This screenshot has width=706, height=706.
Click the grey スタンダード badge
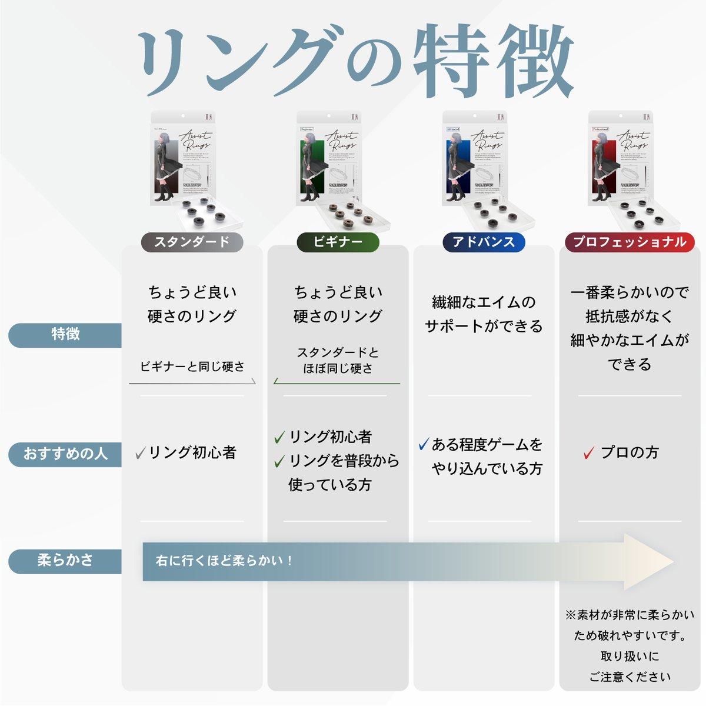[x=192, y=242]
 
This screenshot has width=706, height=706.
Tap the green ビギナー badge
[x=338, y=242]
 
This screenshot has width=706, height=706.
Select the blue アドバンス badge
[x=484, y=242]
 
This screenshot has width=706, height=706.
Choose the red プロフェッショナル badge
[x=630, y=242]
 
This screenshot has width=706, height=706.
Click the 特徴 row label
[x=65, y=334]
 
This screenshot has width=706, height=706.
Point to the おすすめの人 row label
[x=65, y=454]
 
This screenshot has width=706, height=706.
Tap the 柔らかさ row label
[x=65, y=561]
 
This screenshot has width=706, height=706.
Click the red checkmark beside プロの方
[x=589, y=453]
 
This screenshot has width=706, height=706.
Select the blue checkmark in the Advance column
[x=424, y=444]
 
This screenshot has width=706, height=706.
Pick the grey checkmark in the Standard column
[x=141, y=452]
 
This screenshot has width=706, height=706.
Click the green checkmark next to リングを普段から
[x=279, y=462]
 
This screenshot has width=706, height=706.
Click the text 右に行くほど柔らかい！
[x=224, y=561]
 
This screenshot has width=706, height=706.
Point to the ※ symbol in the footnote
[x=571, y=615]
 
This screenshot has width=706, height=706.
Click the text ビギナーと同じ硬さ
[x=192, y=367]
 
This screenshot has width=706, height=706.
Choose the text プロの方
[x=630, y=452]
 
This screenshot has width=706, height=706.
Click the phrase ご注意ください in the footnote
[x=630, y=677]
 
